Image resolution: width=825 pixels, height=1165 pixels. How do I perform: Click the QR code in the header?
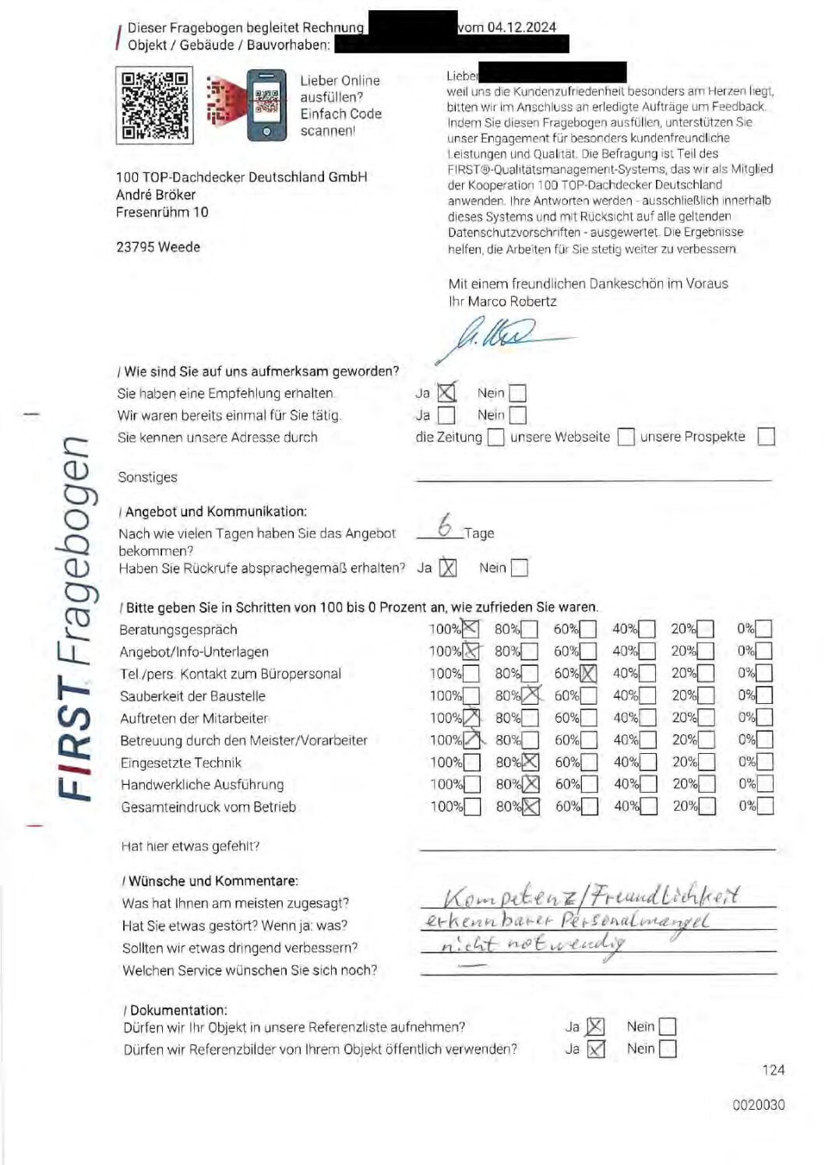point(153,105)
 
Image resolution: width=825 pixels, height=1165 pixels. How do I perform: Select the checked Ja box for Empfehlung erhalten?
point(446,393)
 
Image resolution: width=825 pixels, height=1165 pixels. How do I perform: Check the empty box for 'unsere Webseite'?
point(626,438)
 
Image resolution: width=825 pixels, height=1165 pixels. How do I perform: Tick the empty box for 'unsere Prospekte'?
point(766,437)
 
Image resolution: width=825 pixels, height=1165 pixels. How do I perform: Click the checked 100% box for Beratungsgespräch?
point(471,628)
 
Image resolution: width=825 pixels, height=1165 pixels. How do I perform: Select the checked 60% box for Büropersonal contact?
point(588,674)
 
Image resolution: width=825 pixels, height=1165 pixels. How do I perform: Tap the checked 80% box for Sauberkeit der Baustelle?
point(531,695)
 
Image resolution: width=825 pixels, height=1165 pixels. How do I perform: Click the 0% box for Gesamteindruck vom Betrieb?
point(765,806)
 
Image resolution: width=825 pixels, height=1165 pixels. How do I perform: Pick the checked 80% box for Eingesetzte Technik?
point(530,762)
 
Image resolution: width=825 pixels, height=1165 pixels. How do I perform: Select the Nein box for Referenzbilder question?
point(668,1049)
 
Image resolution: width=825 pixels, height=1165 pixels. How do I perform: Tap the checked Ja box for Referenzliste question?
point(595,1027)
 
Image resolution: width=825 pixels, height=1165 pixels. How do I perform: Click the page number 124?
point(773,1070)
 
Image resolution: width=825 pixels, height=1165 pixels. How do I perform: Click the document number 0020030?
point(758,1104)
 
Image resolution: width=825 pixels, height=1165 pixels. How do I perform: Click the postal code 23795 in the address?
point(136,247)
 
